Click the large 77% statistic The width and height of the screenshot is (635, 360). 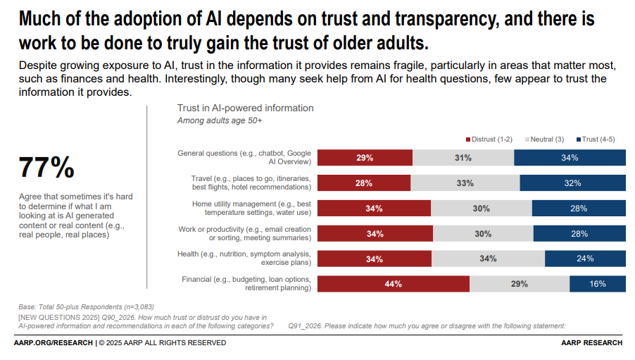46,168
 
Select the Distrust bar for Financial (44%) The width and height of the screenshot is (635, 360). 393,284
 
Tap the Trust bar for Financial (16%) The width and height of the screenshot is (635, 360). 598,284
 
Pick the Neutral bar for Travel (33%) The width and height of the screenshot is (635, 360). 465,183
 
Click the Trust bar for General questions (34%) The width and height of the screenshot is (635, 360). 570,158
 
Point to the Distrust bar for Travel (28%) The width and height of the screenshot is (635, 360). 364,183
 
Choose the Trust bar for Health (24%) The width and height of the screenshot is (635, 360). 584,259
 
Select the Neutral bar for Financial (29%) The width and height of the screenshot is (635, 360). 520,284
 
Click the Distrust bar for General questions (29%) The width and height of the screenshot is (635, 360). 365,158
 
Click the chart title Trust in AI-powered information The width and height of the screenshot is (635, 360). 245,108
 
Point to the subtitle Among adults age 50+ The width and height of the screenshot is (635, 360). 219,120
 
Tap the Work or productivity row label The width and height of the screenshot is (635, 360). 245,233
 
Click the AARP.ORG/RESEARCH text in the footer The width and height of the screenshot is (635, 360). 53,343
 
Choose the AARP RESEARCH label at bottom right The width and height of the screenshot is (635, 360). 591,343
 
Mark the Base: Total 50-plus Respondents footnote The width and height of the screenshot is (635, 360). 86,307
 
